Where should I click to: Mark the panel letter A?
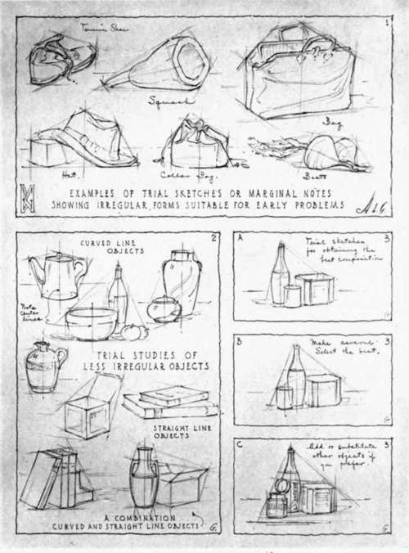tap(240, 239)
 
